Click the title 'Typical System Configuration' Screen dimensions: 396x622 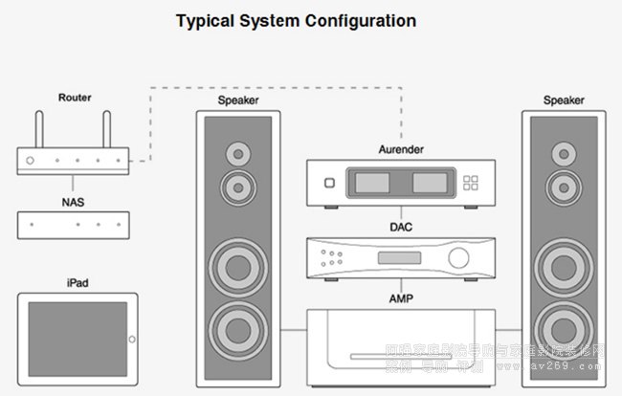click(296, 20)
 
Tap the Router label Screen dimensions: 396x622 click(74, 98)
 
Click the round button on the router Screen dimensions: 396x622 click(32, 161)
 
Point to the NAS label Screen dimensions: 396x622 click(74, 202)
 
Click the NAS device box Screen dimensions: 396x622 click(74, 225)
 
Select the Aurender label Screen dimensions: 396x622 click(401, 150)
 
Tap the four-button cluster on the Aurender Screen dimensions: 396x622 click(469, 183)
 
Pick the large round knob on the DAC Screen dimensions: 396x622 click(460, 256)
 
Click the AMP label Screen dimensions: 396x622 click(401, 297)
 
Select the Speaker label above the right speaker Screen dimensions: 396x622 click(563, 99)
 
